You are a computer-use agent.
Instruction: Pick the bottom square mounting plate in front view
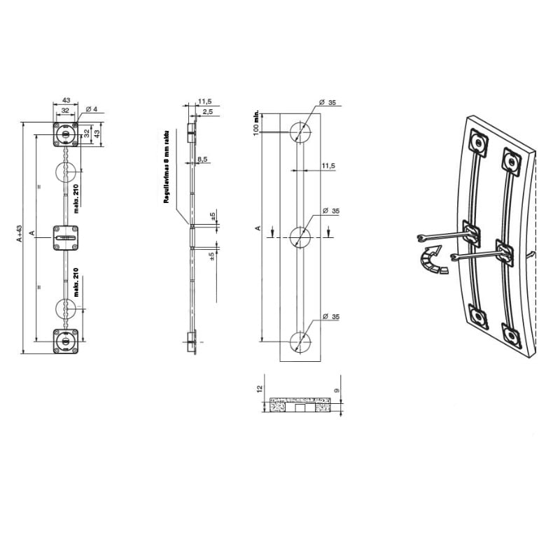pyautogui.click(x=66, y=342)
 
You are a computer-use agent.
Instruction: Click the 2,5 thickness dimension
pyautogui.click(x=208, y=112)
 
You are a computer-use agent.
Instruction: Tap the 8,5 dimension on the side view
pyautogui.click(x=202, y=160)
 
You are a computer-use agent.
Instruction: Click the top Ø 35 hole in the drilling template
pyautogui.click(x=300, y=131)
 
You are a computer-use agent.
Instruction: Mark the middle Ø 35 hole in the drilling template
pyautogui.click(x=300, y=237)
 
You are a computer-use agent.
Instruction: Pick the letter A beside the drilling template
pyautogui.click(x=258, y=228)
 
